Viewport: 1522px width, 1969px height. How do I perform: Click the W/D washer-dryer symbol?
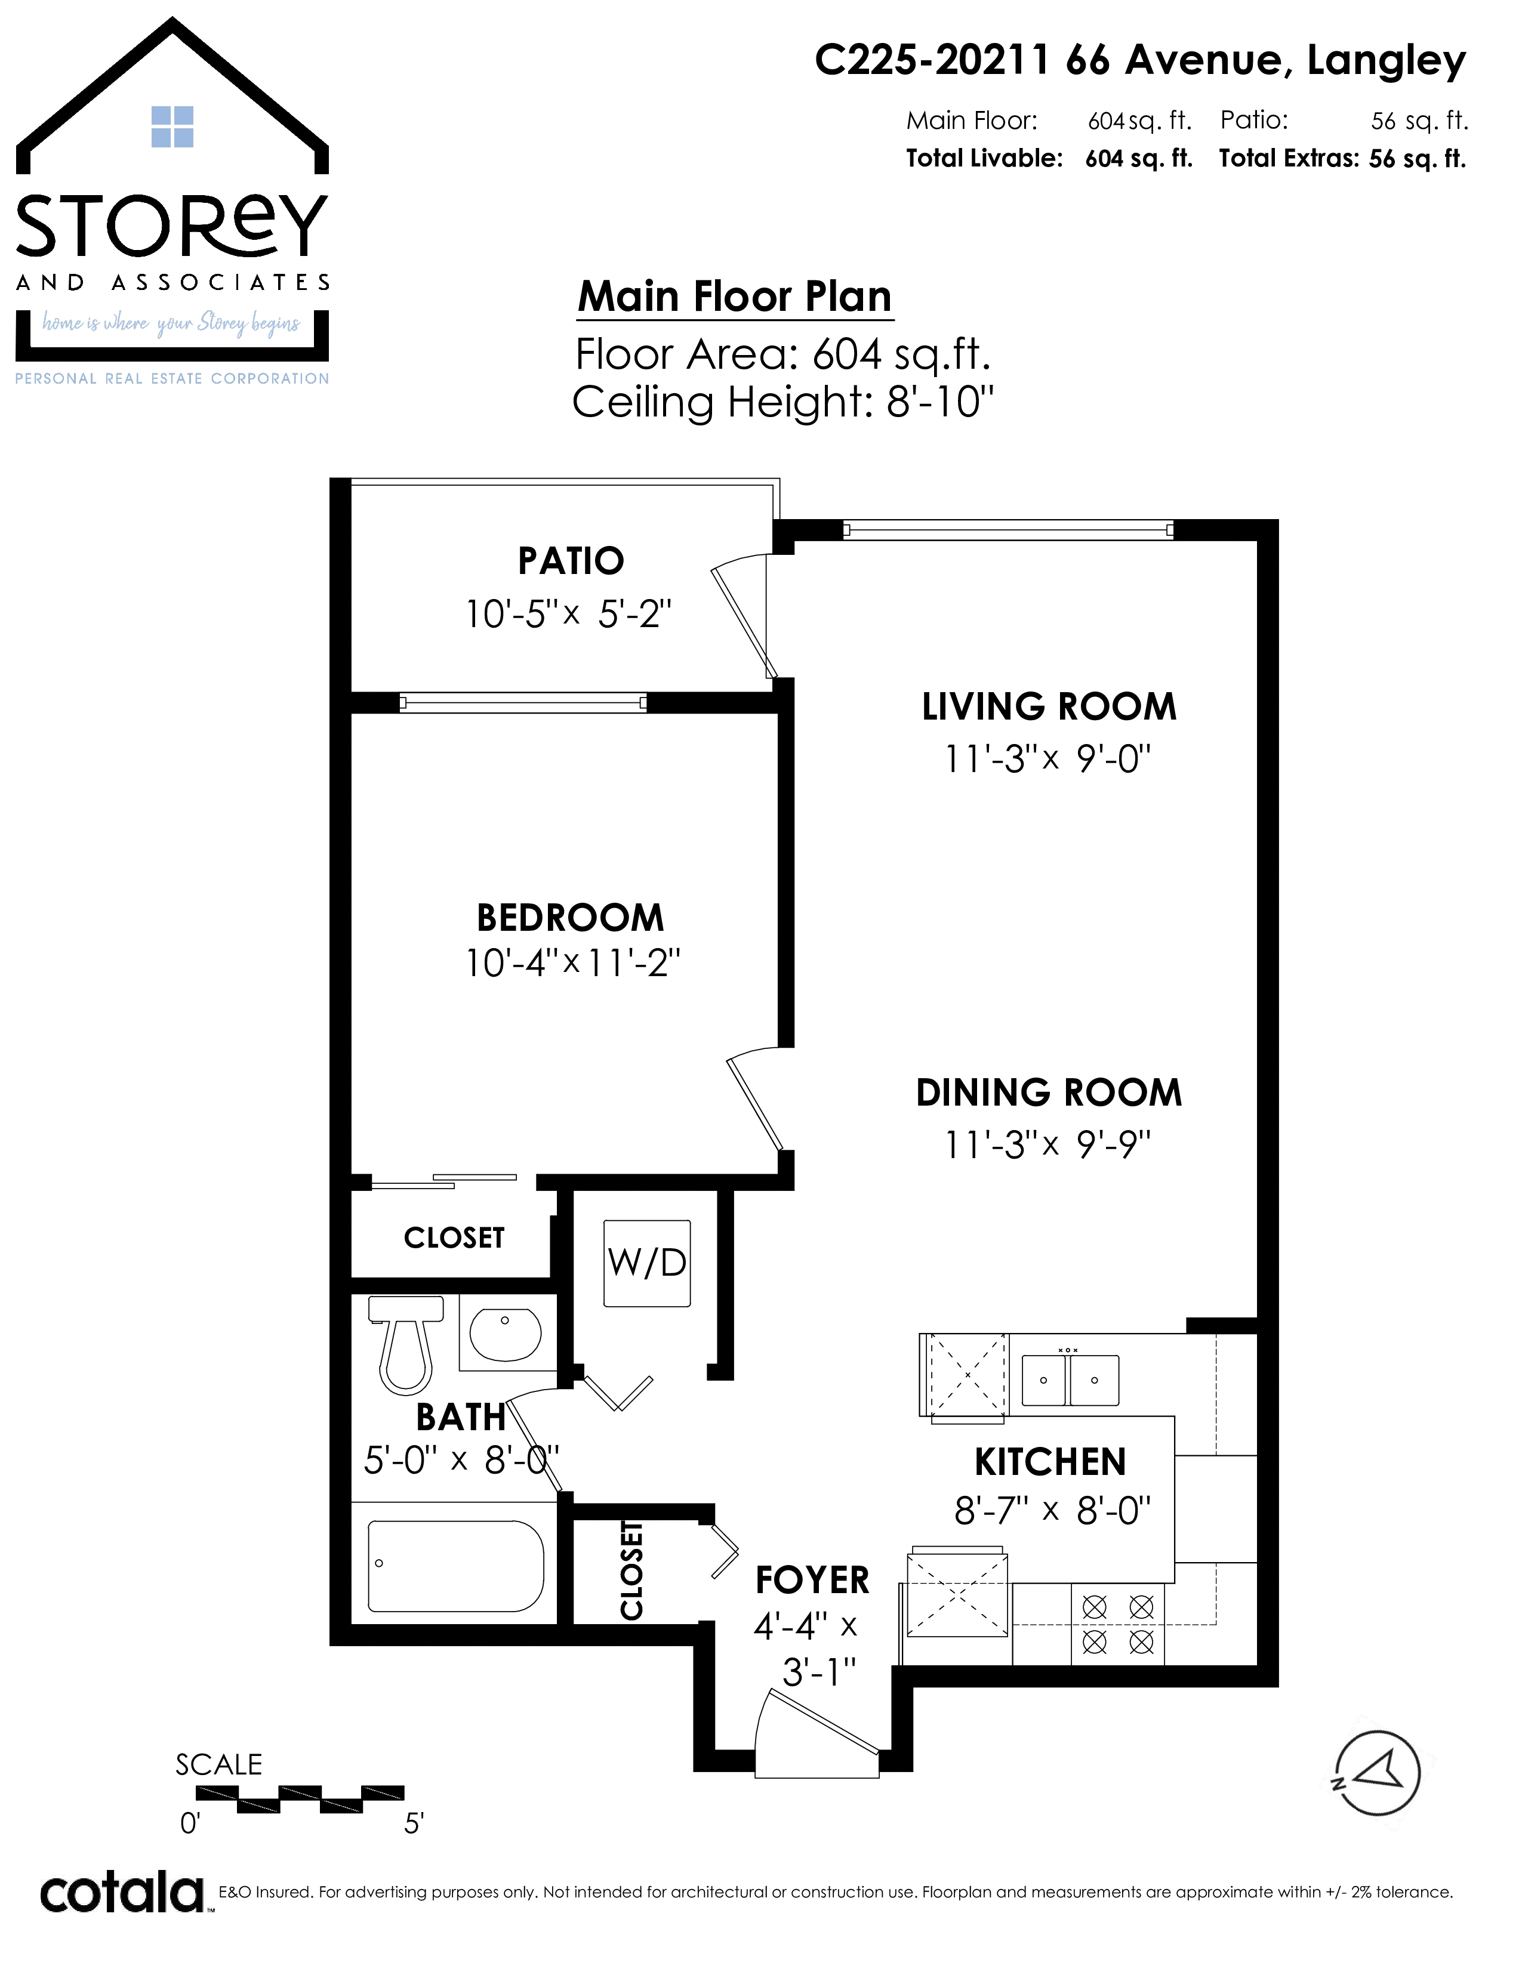(648, 1263)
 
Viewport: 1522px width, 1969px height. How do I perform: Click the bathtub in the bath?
(456, 1566)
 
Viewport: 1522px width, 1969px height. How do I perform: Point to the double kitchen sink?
(1070, 1379)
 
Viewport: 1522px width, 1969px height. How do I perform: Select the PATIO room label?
(571, 561)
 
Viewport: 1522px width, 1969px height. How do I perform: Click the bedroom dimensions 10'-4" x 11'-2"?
(572, 963)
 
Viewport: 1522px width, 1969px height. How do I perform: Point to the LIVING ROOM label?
(1049, 707)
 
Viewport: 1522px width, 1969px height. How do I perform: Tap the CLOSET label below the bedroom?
(454, 1238)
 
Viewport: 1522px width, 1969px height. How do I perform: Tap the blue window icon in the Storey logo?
(172, 126)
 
